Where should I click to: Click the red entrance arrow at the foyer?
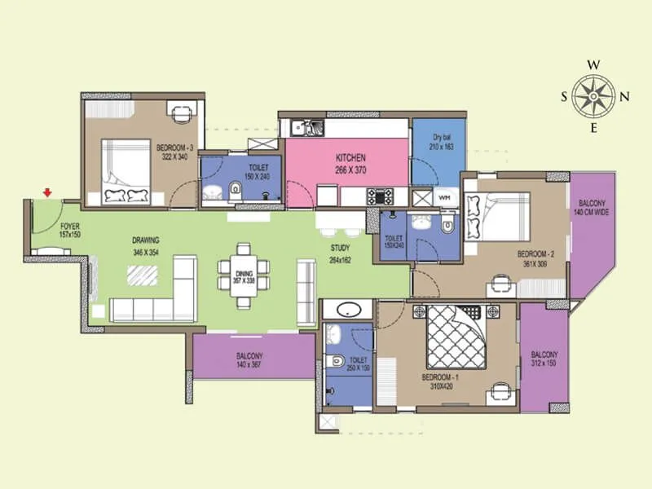click(x=48, y=192)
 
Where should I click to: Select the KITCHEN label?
click(x=350, y=156)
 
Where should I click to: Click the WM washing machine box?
click(x=444, y=198)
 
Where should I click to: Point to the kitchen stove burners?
click(x=380, y=196)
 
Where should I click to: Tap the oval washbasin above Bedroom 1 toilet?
click(x=349, y=310)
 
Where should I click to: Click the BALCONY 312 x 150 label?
click(x=544, y=359)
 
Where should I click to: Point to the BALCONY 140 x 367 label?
click(x=249, y=361)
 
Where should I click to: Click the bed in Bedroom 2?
click(x=498, y=214)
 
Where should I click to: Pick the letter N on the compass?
click(x=625, y=96)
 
